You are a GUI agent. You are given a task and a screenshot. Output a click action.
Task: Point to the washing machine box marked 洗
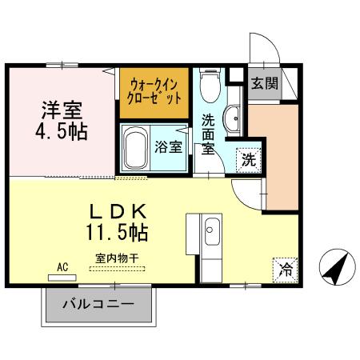[250, 158]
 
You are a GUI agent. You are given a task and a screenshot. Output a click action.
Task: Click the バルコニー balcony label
[97, 305]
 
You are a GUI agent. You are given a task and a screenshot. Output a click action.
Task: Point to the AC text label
[62, 266]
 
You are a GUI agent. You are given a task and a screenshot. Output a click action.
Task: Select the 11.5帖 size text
[118, 234]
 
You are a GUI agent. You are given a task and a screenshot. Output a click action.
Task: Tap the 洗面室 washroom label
[208, 134]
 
